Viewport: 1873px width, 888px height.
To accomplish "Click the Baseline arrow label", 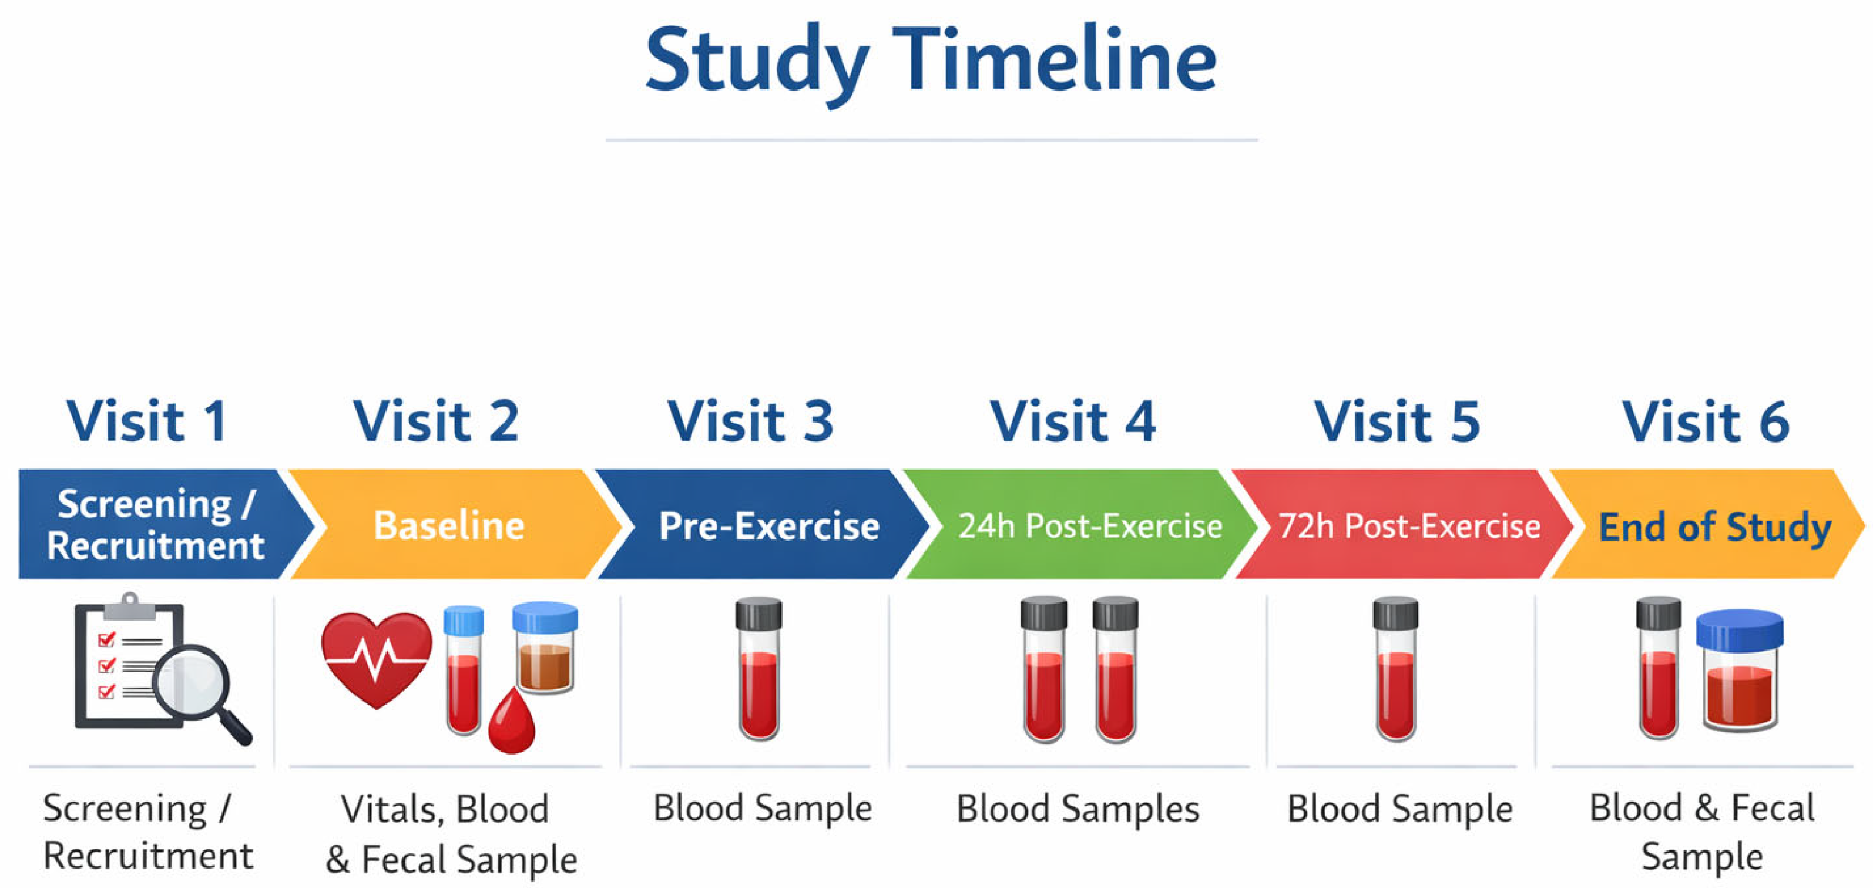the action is click(x=449, y=525).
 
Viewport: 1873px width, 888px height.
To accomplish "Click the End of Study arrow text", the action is click(x=1715, y=527).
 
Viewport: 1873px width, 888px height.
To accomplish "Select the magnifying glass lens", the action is click(x=191, y=685).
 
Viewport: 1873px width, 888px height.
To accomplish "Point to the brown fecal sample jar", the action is click(x=545, y=646).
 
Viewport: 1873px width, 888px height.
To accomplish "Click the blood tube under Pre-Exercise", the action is click(x=759, y=669).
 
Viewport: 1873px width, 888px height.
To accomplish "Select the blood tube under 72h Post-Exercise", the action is click(x=1396, y=669).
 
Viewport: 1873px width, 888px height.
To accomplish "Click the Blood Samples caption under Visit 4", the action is click(x=1078, y=809).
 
